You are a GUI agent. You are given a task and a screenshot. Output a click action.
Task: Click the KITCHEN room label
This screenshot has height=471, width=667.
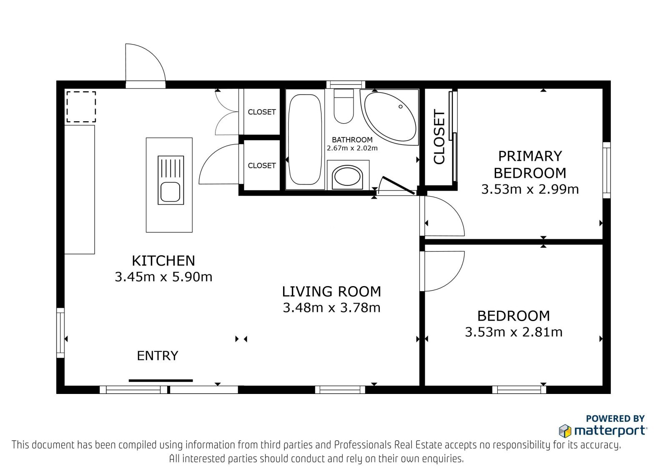click(163, 261)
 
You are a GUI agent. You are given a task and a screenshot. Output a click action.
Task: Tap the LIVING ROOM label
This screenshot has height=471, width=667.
click(331, 292)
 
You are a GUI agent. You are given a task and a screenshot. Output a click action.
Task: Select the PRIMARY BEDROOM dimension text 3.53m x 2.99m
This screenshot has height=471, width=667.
click(530, 189)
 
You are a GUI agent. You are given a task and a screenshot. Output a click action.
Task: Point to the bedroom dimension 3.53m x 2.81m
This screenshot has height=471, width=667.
click(514, 332)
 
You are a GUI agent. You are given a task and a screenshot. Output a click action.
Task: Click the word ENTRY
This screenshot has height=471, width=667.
click(158, 356)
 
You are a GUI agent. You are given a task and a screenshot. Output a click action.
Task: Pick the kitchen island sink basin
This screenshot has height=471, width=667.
click(170, 192)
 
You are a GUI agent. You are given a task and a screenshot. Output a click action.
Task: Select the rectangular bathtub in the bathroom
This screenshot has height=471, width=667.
click(305, 139)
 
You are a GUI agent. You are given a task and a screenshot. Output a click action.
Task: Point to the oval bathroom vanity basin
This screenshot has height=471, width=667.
click(347, 177)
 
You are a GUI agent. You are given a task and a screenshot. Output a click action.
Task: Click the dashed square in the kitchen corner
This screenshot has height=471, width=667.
click(81, 107)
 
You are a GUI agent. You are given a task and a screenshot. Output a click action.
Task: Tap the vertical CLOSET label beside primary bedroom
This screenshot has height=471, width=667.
click(439, 137)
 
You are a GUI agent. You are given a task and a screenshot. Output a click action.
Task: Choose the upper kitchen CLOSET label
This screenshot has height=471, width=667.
click(262, 112)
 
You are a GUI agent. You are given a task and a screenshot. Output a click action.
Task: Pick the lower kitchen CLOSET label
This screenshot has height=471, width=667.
click(262, 165)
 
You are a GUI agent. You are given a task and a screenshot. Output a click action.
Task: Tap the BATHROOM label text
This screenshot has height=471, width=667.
click(352, 140)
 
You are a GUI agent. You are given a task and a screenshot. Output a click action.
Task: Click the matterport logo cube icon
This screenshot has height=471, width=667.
click(565, 431)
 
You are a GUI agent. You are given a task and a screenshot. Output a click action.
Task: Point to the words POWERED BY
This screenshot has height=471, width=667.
click(615, 419)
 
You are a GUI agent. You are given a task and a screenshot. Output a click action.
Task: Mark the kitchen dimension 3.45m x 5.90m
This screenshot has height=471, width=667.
click(163, 277)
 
